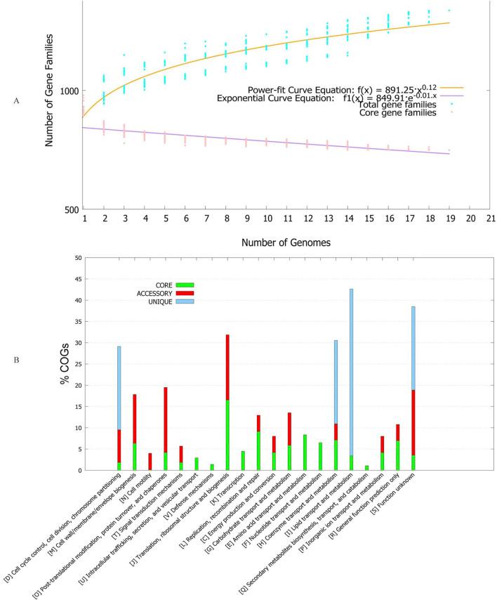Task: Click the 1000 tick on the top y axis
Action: (x=69, y=91)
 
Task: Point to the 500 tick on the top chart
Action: (x=72, y=209)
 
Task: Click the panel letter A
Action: (x=15, y=100)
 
